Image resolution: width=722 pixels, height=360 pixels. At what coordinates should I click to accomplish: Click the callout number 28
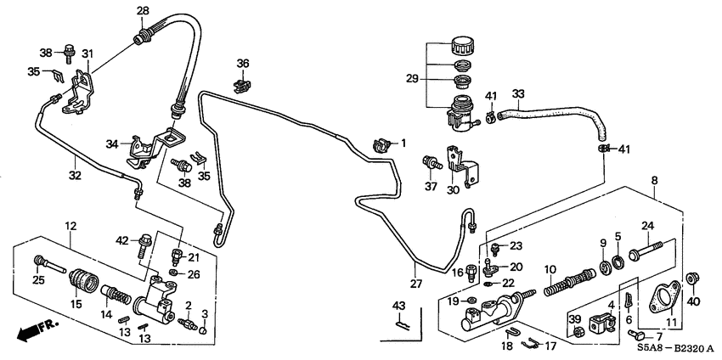tap(143, 10)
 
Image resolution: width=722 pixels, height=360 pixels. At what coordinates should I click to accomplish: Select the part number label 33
tap(517, 93)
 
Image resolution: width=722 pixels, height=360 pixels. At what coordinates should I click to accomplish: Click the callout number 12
tap(71, 226)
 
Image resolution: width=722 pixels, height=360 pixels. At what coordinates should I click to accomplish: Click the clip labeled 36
tap(243, 83)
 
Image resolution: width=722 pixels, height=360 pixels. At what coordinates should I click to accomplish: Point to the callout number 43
tap(399, 306)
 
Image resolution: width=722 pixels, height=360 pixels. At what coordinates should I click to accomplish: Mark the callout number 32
tap(75, 176)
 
